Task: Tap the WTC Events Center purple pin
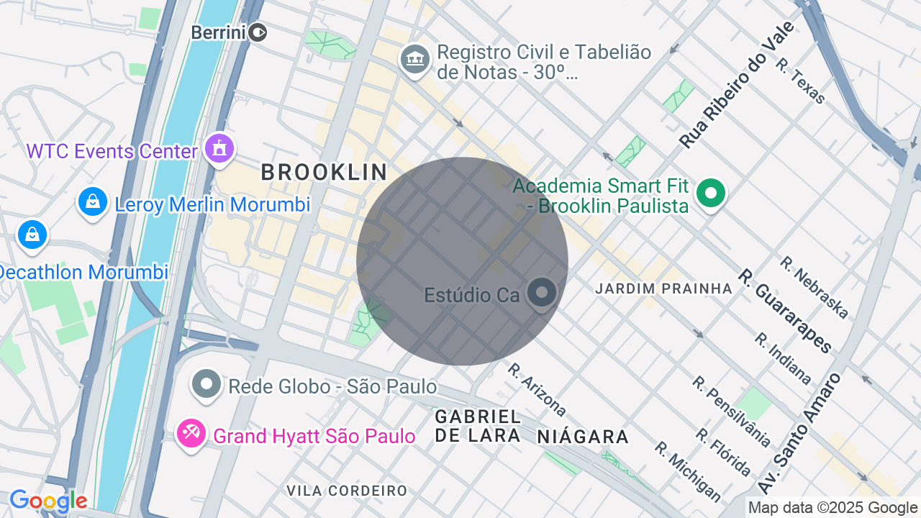pos(219,149)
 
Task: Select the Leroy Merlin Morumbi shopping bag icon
pos(93,202)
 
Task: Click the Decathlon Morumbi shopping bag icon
pos(32,235)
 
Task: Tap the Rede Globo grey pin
pos(207,384)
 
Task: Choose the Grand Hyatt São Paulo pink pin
pos(191,433)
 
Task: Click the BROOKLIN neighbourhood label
pos(324,173)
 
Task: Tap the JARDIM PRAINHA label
pos(663,288)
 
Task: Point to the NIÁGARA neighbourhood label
pos(583,436)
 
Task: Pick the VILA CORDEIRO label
pos(347,491)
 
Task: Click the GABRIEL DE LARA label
pos(478,426)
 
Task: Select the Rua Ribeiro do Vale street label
pos(737,85)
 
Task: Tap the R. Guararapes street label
pos(785,311)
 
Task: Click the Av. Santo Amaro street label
pos(799,433)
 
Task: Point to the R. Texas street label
pos(801,81)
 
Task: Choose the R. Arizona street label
pos(537,389)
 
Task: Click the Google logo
pos(48,501)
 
